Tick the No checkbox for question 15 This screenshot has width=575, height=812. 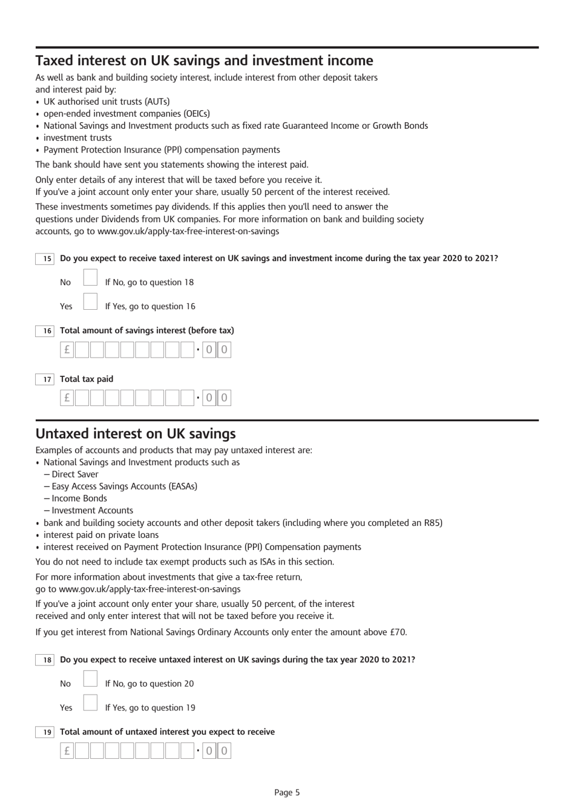click(x=90, y=278)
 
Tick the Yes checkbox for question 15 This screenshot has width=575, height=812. click(x=90, y=302)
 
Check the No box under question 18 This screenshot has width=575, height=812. click(x=90, y=679)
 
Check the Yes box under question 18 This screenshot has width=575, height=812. click(x=90, y=703)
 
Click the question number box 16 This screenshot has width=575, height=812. click(x=45, y=331)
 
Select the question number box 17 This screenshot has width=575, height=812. click(x=45, y=379)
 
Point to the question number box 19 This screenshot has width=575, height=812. click(x=45, y=732)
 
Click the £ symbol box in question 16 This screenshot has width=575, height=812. click(x=67, y=350)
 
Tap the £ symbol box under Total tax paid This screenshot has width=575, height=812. click(x=67, y=398)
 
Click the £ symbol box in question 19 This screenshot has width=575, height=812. click(x=67, y=751)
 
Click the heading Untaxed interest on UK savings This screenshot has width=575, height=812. click(x=136, y=434)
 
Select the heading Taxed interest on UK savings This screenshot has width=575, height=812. click(x=204, y=61)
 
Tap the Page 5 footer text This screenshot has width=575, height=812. click(x=287, y=793)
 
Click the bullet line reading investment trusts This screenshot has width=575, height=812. click(x=77, y=138)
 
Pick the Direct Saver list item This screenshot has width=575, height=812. click(x=74, y=474)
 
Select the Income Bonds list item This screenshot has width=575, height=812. click(x=79, y=499)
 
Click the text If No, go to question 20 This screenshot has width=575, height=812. click(x=149, y=684)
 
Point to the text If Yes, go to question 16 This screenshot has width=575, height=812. click(x=150, y=307)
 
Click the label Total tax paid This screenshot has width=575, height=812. click(x=87, y=379)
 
